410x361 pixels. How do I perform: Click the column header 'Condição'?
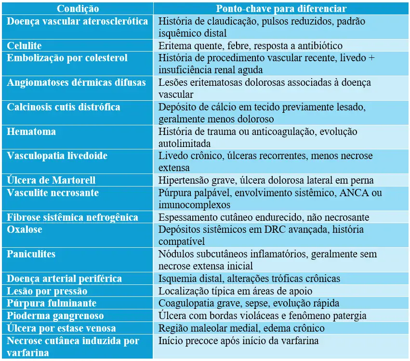pyautogui.click(x=78, y=9)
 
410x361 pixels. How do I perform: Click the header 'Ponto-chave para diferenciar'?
pyautogui.click(x=281, y=9)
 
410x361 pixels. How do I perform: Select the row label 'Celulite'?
pyautogui.click(x=25, y=46)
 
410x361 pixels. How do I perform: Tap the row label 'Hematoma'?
pyautogui.click(x=31, y=132)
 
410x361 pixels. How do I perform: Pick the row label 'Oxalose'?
pyautogui.click(x=25, y=229)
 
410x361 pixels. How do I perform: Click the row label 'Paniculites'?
pyautogui.click(x=31, y=254)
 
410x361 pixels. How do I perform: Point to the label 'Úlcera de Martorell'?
pyautogui.click(x=51, y=180)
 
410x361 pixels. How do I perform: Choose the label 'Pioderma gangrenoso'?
pyautogui.click(x=52, y=316)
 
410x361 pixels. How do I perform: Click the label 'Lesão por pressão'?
pyautogui.click(x=47, y=291)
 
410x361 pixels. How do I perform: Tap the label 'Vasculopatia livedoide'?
pyautogui.click(x=57, y=156)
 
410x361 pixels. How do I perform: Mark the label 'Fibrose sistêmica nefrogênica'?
pyautogui.click(x=72, y=217)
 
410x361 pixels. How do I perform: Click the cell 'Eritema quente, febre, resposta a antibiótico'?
pyautogui.click(x=251, y=46)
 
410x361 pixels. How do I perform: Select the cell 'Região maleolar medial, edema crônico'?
pyautogui.click(x=241, y=328)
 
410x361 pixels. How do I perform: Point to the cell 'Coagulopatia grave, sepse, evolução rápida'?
pyautogui.click(x=249, y=304)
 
